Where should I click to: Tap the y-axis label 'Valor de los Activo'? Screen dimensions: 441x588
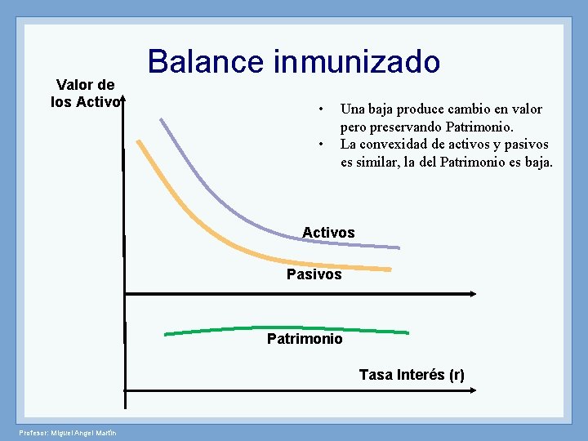pyautogui.click(x=85, y=93)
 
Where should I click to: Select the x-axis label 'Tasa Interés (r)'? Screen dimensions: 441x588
pyautogui.click(x=412, y=375)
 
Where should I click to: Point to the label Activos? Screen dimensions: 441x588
pyautogui.click(x=328, y=233)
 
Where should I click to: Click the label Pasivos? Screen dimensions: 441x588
pyautogui.click(x=314, y=274)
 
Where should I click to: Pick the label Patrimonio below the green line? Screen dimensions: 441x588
pyautogui.click(x=305, y=338)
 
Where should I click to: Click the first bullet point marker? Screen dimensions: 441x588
pyautogui.click(x=323, y=109)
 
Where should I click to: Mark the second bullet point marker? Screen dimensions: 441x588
pyautogui.click(x=323, y=145)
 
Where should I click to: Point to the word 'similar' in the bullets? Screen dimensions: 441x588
pyautogui.click(x=381, y=163)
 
